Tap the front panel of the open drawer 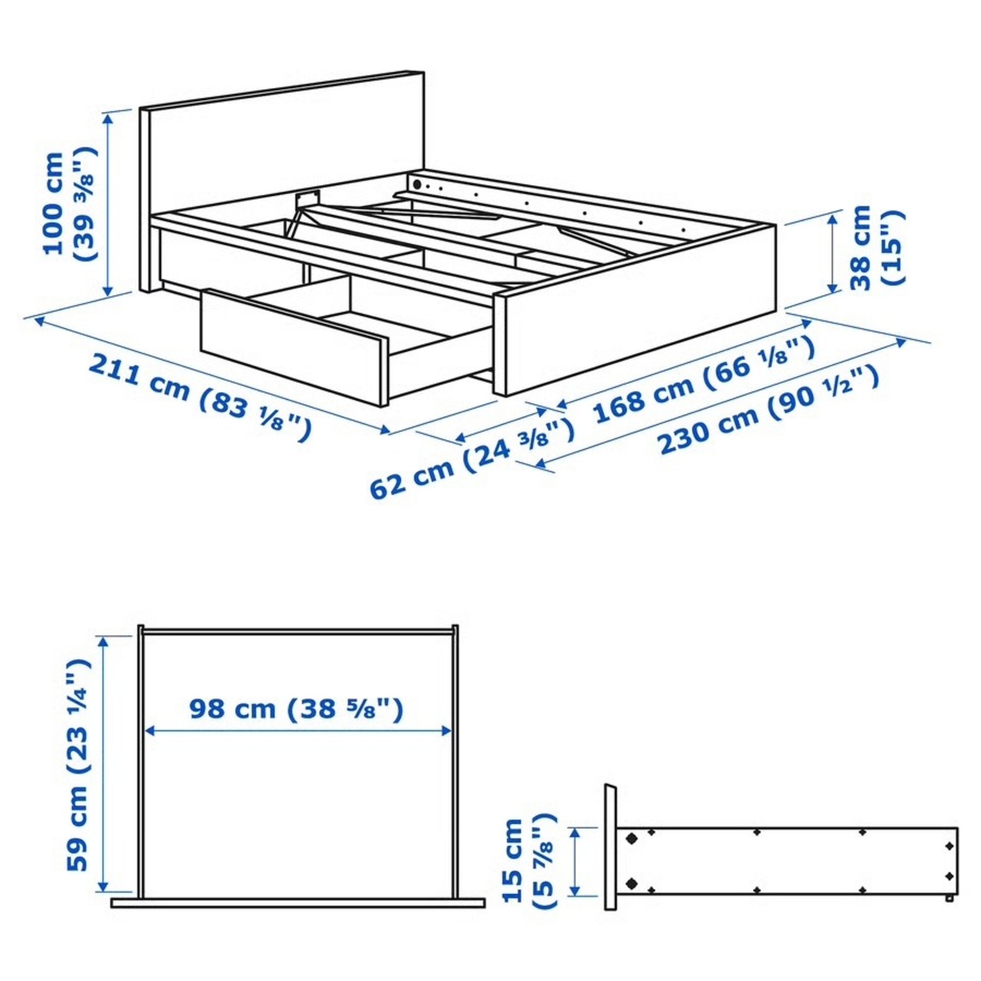(294, 347)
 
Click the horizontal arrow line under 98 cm (298, 731)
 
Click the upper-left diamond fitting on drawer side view (631, 838)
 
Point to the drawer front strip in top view (298, 903)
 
